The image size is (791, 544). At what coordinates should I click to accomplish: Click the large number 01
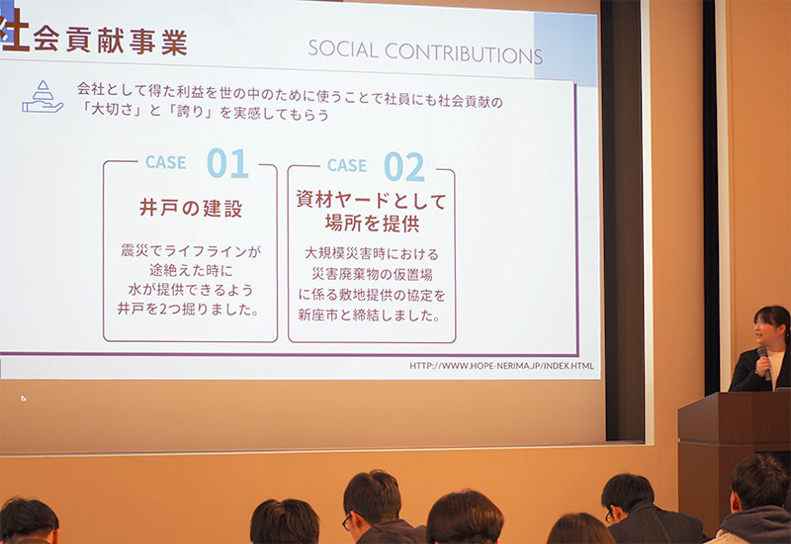[227, 163]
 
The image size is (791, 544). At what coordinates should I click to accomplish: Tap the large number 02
[404, 166]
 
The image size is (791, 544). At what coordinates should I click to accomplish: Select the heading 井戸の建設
[191, 208]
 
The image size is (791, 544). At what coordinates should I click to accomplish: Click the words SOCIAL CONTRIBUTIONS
[425, 51]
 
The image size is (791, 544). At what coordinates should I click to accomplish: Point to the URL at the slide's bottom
[501, 365]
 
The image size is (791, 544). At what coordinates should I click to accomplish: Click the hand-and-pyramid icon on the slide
[43, 96]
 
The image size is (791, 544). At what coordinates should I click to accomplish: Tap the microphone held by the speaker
[764, 361]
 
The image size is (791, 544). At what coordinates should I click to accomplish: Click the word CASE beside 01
[165, 162]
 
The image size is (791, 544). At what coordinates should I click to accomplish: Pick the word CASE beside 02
[347, 165]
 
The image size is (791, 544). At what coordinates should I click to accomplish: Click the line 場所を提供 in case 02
[373, 224]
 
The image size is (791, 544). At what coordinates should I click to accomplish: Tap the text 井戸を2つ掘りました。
[189, 309]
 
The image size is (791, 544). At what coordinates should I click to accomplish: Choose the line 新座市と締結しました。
[370, 316]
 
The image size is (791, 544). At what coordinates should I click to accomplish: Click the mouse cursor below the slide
[24, 399]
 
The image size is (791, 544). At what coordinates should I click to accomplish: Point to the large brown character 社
[14, 31]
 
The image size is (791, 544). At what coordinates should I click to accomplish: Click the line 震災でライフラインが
[191, 251]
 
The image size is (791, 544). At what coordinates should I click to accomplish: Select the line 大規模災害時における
[372, 253]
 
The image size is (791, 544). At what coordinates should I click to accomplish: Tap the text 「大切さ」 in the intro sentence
[111, 109]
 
